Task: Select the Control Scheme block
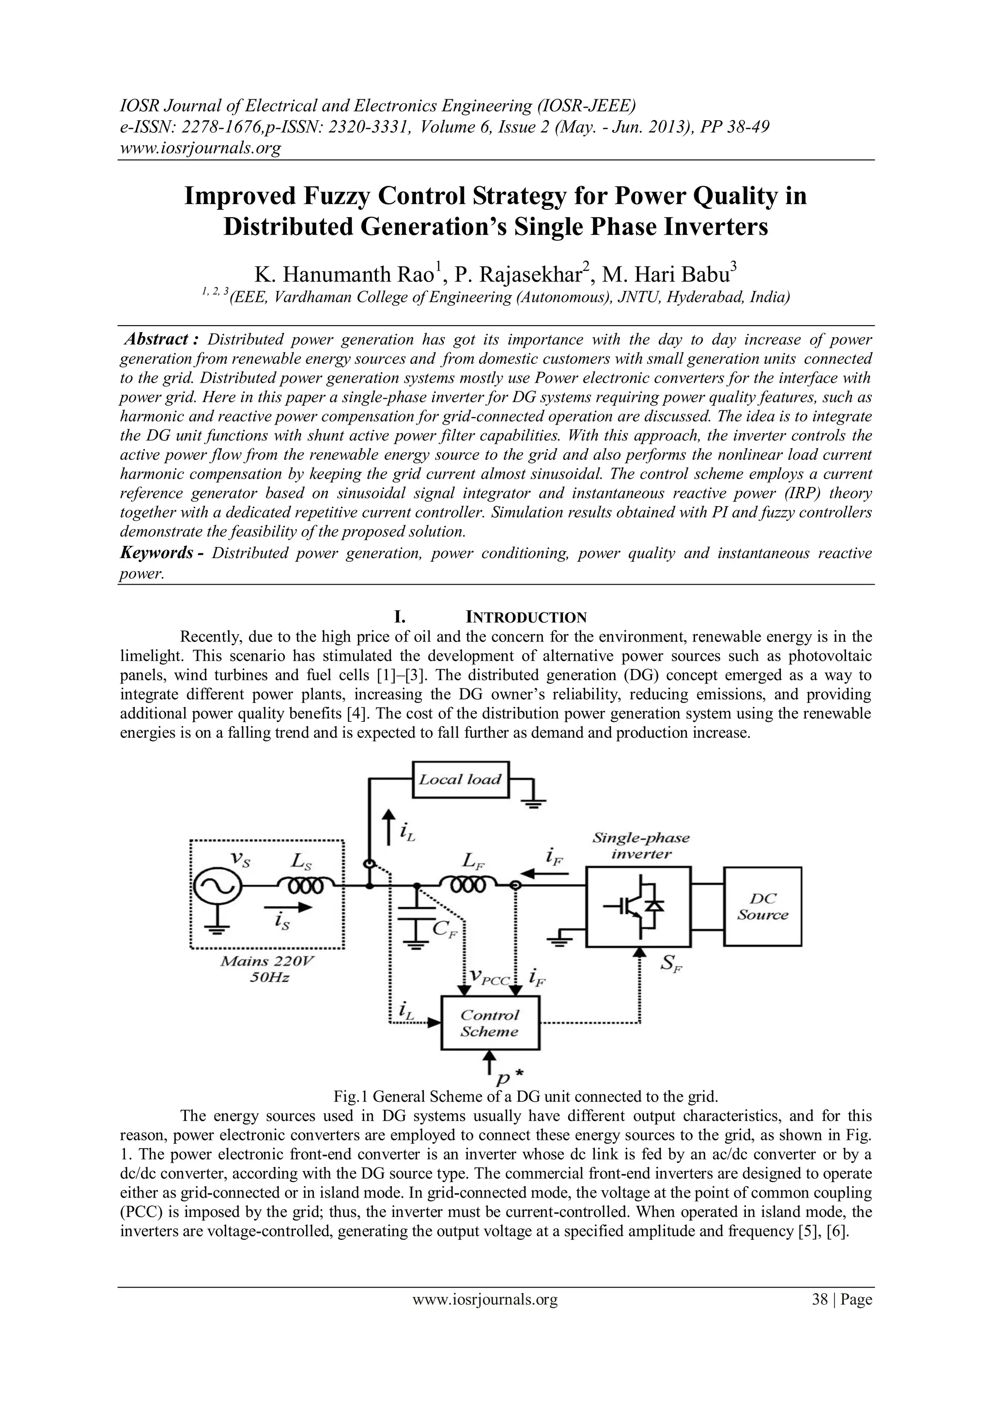(x=490, y=1023)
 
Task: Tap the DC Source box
(x=762, y=906)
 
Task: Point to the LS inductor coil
(x=304, y=885)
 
